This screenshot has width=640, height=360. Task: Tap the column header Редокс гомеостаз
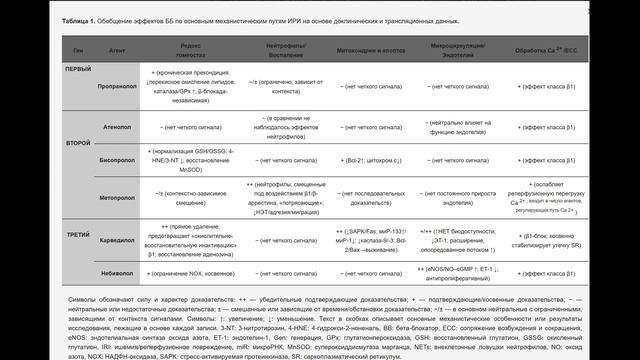pyautogui.click(x=196, y=50)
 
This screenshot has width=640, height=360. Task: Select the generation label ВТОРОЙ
pyautogui.click(x=78, y=144)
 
